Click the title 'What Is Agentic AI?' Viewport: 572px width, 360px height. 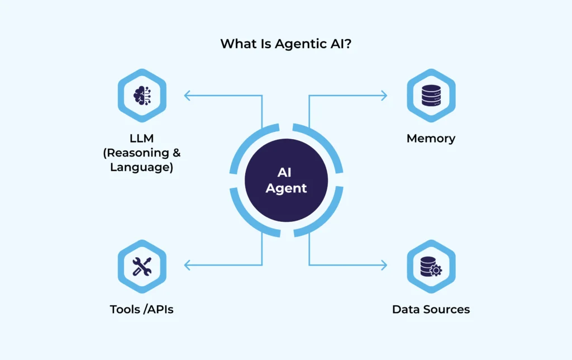point(285,44)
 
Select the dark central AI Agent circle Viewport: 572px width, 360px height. point(286,181)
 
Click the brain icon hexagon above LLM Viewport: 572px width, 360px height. point(141,96)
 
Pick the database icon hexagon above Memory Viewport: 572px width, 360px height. point(431,96)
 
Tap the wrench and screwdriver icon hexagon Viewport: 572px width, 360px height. point(141,266)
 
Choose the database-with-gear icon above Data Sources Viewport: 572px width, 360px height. point(431,266)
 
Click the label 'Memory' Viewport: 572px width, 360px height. point(431,138)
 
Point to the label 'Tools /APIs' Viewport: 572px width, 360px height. point(141,309)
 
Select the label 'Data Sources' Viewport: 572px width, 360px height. point(431,309)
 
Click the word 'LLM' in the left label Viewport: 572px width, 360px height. point(141,138)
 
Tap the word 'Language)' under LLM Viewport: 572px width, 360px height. point(141,167)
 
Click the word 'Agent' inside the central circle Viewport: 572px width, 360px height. point(286,188)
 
